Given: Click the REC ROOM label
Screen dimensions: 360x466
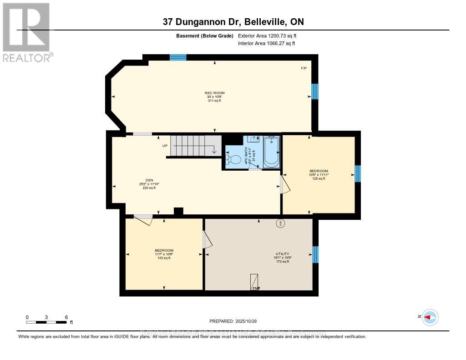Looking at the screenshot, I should point(214,93).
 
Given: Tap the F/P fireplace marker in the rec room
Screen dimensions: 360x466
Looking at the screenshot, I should point(304,68).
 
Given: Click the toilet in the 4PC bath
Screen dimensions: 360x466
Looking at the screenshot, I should point(233,160).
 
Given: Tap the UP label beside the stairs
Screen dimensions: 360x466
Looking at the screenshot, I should point(165,146).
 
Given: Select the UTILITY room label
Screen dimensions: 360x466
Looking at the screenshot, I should point(282,254).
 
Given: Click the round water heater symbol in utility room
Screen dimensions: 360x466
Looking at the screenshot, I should point(280,223).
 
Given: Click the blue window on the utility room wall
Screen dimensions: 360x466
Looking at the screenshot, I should point(315,254).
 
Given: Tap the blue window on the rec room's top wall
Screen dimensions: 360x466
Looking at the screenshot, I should point(178,57).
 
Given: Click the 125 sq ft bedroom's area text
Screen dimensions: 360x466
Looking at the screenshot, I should point(319,179).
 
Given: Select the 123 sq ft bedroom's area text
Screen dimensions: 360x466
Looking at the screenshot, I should point(164,258).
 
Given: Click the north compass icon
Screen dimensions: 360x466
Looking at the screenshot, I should point(430,317).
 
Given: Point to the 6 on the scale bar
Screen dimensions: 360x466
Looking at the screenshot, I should point(66,317).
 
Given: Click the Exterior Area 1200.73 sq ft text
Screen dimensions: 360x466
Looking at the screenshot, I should point(267,35).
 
